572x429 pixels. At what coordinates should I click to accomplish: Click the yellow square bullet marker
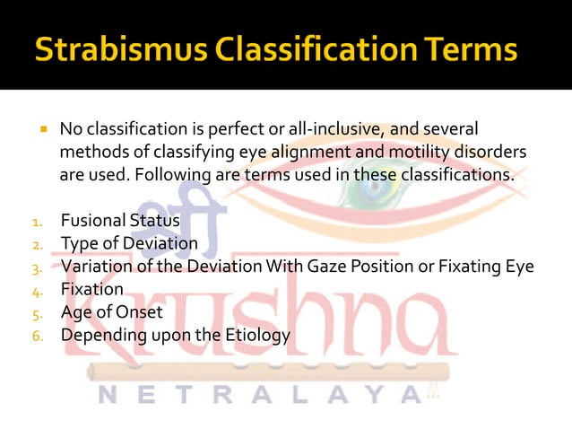[x=42, y=130]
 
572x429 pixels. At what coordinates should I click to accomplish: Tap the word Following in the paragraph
[x=171, y=174]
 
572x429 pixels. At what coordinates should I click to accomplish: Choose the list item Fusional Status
[x=120, y=220]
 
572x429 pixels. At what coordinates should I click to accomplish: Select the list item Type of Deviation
[x=129, y=243]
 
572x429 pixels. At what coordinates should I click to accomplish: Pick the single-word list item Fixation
[x=91, y=289]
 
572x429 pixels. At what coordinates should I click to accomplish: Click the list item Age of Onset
[x=111, y=312]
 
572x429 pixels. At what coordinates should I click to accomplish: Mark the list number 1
[x=37, y=222]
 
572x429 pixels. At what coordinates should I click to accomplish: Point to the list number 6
[x=38, y=337]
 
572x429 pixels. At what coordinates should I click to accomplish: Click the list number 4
[x=38, y=291]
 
